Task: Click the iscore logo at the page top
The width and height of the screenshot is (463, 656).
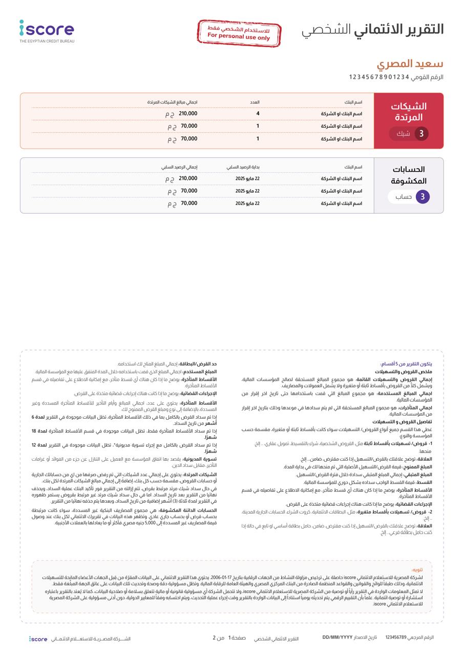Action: click(x=47, y=30)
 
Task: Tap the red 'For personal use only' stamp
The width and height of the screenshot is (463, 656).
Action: click(x=239, y=33)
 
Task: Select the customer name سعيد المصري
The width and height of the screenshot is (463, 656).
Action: click(x=410, y=64)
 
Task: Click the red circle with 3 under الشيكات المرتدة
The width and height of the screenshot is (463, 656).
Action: click(x=422, y=134)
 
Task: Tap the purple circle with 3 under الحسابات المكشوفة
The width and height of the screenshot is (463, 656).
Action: click(x=423, y=197)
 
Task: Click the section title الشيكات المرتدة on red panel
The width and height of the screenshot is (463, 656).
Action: click(x=408, y=112)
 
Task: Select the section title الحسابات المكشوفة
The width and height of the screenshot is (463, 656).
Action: click(x=408, y=175)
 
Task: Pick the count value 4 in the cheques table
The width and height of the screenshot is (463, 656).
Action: click(x=258, y=113)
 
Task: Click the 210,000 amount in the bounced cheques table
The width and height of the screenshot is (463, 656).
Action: click(x=188, y=113)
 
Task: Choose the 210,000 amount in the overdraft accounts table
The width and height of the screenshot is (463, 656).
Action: click(x=188, y=178)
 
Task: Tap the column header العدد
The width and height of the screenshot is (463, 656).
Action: click(x=255, y=102)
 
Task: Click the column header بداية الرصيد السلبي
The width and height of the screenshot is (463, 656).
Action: click(x=243, y=167)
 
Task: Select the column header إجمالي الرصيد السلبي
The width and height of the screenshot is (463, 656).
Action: click(x=179, y=167)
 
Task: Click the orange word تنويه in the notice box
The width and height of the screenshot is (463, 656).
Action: click(x=417, y=569)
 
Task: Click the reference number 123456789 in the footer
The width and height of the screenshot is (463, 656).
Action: click(x=396, y=637)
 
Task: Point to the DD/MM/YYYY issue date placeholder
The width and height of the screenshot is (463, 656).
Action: click(x=338, y=637)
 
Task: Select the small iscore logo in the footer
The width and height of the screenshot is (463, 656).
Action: click(x=38, y=639)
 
